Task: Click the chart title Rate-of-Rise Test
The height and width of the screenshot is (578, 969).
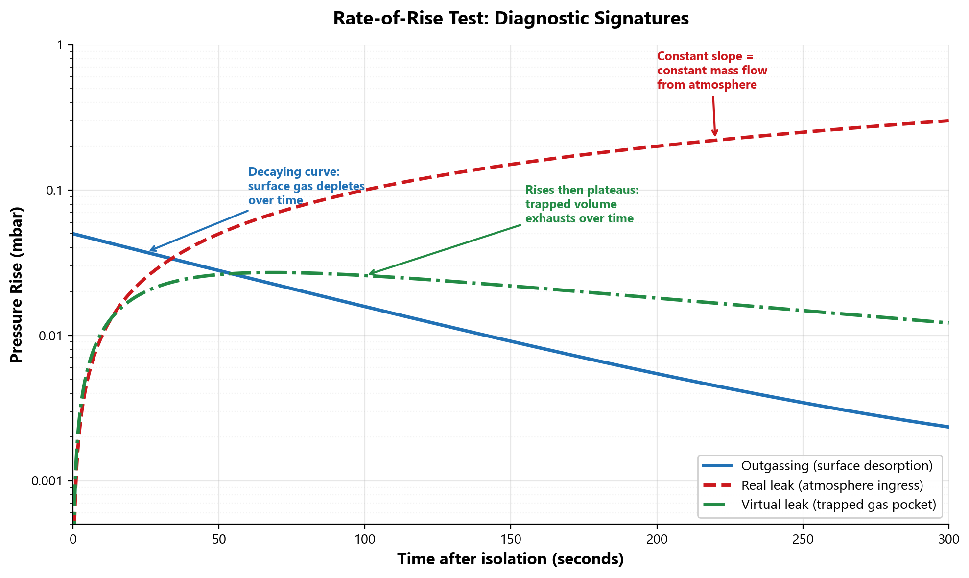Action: (511, 19)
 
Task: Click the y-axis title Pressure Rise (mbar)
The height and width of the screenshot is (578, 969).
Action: (17, 285)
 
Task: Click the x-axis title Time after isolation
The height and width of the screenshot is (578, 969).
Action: (511, 559)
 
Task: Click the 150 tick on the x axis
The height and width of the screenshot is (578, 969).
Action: (511, 539)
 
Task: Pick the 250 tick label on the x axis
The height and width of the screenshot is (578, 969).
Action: (803, 539)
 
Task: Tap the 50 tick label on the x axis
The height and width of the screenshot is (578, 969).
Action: (219, 539)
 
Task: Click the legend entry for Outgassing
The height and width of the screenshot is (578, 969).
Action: (836, 466)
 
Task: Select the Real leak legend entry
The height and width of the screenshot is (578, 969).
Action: (832, 485)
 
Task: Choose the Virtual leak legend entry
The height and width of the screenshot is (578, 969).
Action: (838, 505)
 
